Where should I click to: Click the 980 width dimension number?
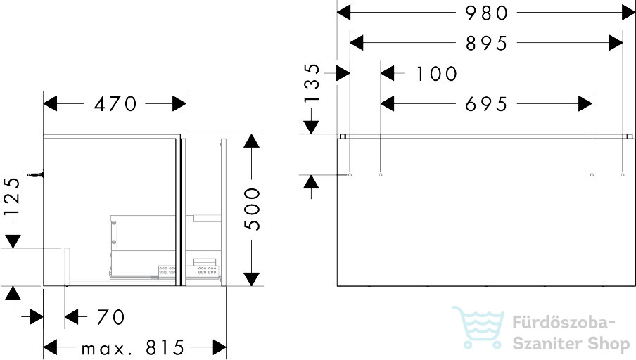click(x=486, y=13)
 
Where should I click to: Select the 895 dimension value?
click(x=486, y=44)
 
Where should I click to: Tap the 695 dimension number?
click(x=486, y=104)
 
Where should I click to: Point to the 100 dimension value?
click(x=437, y=74)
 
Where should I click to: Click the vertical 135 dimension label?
click(x=312, y=83)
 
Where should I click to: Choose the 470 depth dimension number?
click(x=115, y=104)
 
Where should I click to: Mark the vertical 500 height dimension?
click(x=252, y=210)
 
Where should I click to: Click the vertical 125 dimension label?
click(x=11, y=197)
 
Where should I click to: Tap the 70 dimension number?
click(x=110, y=317)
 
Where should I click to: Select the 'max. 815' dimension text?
click(x=133, y=347)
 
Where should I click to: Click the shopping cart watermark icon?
click(x=478, y=328)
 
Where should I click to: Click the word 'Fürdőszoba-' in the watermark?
click(x=564, y=323)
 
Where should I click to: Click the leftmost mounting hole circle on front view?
click(x=350, y=175)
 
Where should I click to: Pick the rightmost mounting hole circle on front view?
click(x=623, y=175)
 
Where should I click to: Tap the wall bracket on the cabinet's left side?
click(x=35, y=175)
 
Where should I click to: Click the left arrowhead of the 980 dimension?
click(x=343, y=13)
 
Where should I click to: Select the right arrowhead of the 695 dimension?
click(x=585, y=104)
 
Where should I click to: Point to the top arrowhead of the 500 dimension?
click(x=252, y=141)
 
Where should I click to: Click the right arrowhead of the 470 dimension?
click(x=179, y=104)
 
